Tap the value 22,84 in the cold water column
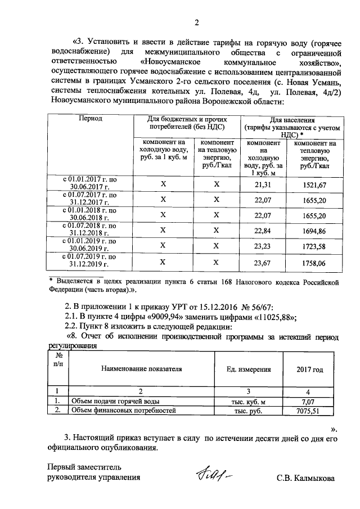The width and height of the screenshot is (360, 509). (x=263, y=229)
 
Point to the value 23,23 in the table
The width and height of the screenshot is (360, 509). (x=263, y=245)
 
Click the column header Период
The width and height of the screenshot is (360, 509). (x=90, y=119)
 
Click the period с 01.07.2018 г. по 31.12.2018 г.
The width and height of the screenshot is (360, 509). (x=89, y=229)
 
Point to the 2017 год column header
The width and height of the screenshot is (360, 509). (x=310, y=370)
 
